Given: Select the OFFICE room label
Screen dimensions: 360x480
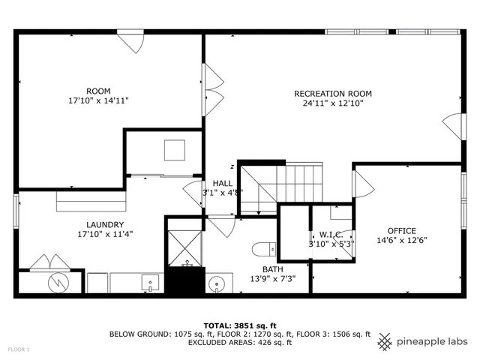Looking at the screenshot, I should (401, 231).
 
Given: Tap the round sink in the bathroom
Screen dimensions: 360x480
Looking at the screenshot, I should (217, 283).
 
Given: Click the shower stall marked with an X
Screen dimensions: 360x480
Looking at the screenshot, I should (183, 246).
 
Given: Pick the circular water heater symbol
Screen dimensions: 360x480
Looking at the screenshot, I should (58, 283).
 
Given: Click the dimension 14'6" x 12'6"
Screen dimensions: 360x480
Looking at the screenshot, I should (401, 241).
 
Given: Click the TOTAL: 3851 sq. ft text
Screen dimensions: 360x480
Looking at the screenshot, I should (240, 325).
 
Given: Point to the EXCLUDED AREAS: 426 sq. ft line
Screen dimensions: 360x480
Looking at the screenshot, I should (240, 343).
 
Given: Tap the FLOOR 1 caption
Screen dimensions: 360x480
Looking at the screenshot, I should (19, 349).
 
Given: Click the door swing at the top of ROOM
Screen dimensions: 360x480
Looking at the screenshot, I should (131, 41).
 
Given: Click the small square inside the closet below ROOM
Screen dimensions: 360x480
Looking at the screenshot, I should (174, 150).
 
